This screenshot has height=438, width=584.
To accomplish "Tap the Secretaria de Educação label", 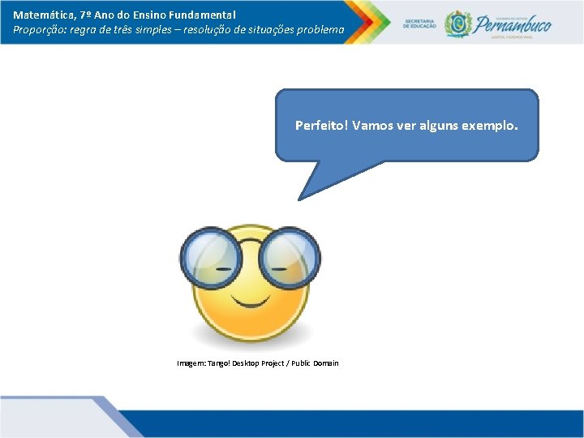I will point(419,24).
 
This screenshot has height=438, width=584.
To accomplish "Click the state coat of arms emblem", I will point(457,24).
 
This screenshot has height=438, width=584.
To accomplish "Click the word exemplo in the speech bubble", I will point(488,126).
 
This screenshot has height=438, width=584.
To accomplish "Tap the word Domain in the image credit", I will point(325,363).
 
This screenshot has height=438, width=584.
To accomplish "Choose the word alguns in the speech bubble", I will point(438,126).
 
